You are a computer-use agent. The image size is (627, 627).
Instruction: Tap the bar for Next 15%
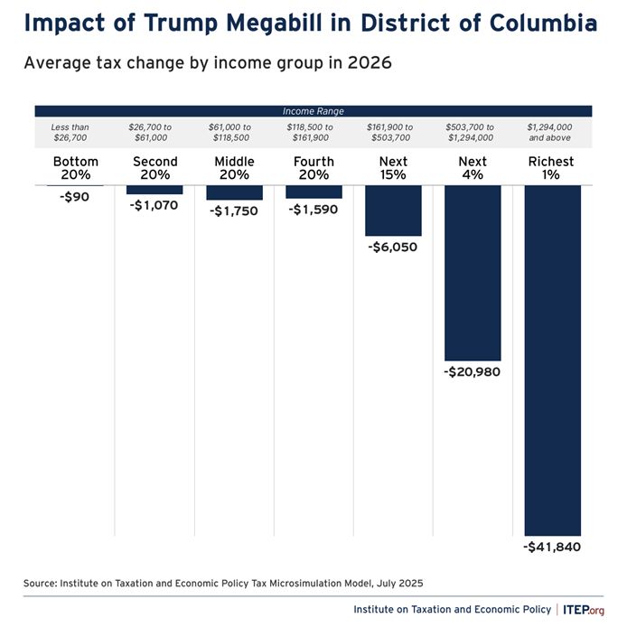click(x=393, y=211)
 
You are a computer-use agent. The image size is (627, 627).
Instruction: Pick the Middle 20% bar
click(x=234, y=192)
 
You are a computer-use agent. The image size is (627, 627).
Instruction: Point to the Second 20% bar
click(x=154, y=190)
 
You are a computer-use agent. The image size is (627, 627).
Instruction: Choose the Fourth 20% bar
click(x=313, y=192)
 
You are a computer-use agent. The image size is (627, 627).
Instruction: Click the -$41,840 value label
click(x=552, y=547)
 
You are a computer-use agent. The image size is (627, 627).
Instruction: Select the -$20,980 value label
click(x=473, y=372)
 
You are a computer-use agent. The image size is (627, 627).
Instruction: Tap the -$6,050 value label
click(x=393, y=247)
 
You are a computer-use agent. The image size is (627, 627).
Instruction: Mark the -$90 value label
click(x=75, y=196)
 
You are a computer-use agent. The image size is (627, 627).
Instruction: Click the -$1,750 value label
click(x=234, y=211)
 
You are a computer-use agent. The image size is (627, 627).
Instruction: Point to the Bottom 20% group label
click(x=75, y=168)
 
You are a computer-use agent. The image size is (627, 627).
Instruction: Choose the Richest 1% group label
click(x=552, y=168)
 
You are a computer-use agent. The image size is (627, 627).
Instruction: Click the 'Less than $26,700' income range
click(x=70, y=133)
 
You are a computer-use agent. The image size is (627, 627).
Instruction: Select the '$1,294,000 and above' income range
click(x=552, y=133)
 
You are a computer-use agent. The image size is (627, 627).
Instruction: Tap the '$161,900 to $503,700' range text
click(x=390, y=133)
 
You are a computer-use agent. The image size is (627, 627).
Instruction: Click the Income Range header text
click(x=312, y=111)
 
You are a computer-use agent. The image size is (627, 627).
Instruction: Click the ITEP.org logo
click(x=584, y=609)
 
